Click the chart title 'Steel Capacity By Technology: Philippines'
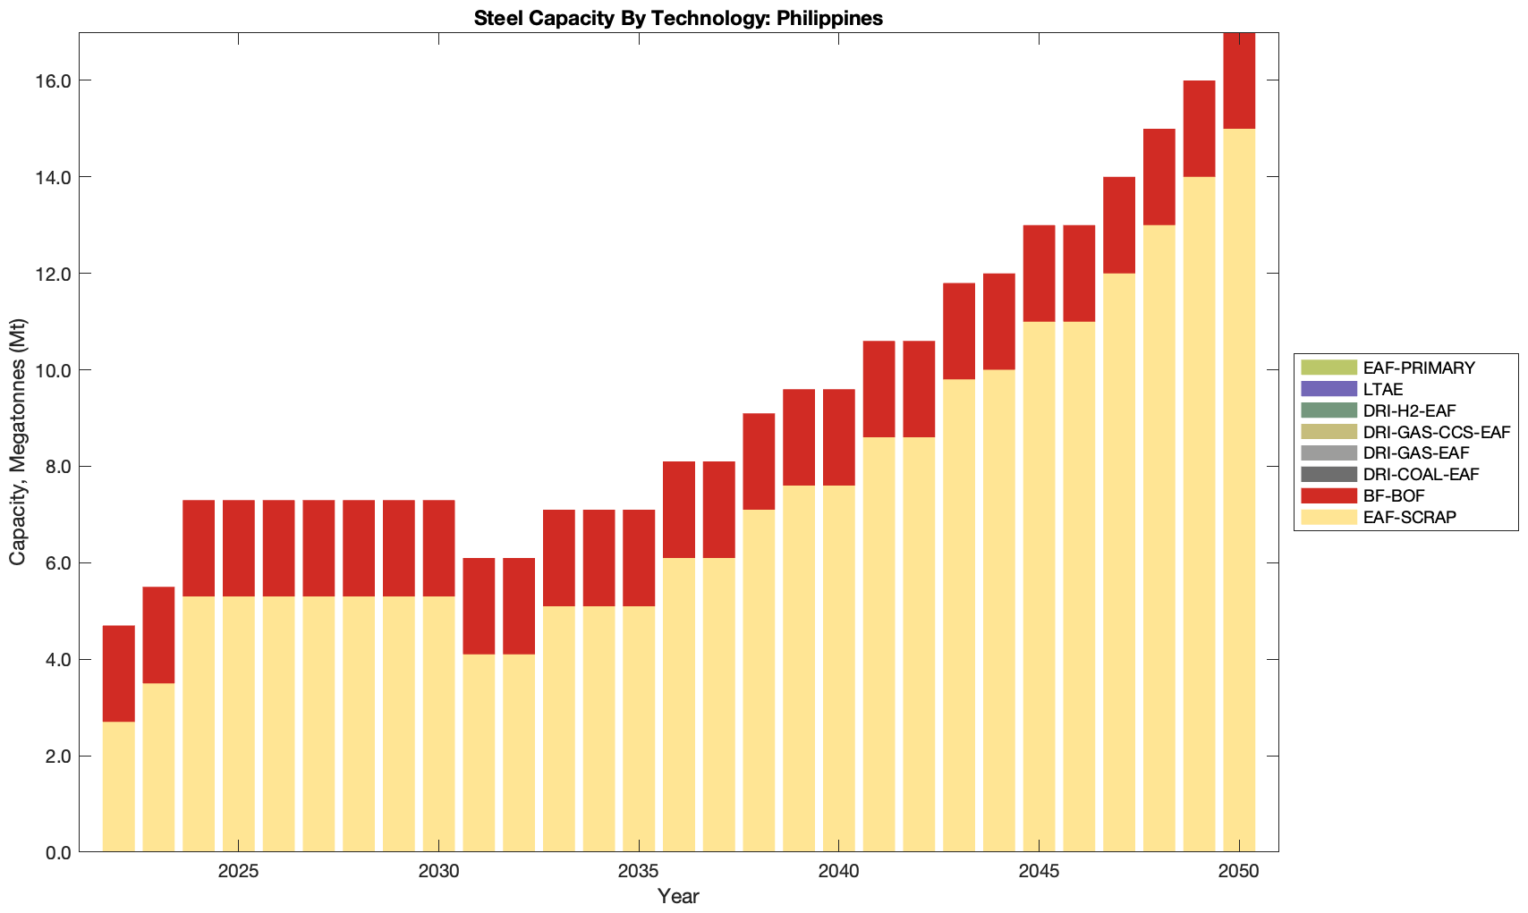[678, 18]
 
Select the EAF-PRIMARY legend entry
[1419, 368]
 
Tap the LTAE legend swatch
[1329, 389]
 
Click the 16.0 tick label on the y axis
[53, 81]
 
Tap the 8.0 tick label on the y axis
[57, 467]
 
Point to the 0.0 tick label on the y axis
[57, 852]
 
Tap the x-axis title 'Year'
[678, 896]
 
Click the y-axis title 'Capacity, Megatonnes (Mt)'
[18, 443]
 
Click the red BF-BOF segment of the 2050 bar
[1239, 81]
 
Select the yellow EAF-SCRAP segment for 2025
[239, 724]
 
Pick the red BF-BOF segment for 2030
[438, 548]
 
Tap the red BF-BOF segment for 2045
[1039, 274]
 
